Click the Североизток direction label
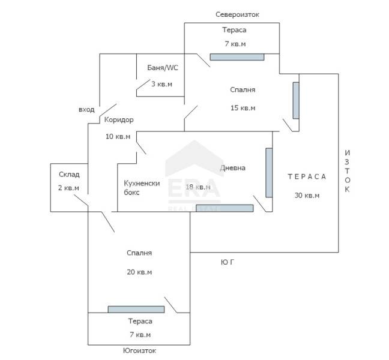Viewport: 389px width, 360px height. click(237, 14)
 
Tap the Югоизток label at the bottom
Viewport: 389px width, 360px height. click(139, 351)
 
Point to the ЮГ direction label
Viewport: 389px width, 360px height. click(228, 262)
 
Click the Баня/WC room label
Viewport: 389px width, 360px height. click(163, 68)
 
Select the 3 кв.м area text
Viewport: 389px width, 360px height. click(161, 84)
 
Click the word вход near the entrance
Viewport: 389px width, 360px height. click(86, 110)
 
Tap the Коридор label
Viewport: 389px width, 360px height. click(119, 120)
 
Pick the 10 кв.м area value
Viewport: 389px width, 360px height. click(118, 136)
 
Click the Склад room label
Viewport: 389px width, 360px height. click(69, 175)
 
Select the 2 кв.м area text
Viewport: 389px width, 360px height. click(68, 188)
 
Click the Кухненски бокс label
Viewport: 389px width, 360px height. click(142, 188)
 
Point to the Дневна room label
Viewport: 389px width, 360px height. click(233, 168)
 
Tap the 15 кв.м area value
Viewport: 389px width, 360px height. click(243, 108)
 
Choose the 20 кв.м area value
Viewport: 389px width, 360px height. click(139, 272)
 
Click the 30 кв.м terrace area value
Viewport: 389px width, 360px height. click(307, 196)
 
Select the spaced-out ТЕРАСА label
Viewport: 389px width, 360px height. click(307, 176)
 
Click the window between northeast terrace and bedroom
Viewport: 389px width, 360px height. click(237, 57)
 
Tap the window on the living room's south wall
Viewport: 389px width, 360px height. click(225, 208)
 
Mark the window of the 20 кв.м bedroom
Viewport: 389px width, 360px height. click(136, 310)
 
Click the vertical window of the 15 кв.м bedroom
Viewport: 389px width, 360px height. click(296, 100)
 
